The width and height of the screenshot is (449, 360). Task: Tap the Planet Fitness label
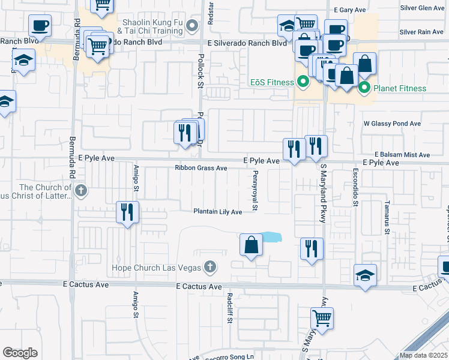(x=400, y=89)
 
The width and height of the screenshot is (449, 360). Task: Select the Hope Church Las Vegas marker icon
(x=209, y=266)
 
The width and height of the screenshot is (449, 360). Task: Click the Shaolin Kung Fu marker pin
(x=192, y=25)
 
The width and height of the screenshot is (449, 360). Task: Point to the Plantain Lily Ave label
(x=217, y=212)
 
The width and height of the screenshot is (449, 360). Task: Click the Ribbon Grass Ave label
(x=201, y=169)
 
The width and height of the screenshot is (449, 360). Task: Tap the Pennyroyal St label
(x=255, y=191)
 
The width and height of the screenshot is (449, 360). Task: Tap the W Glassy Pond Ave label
(x=393, y=124)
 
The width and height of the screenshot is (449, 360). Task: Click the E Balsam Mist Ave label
(x=403, y=155)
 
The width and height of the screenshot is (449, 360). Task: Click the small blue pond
(x=271, y=236)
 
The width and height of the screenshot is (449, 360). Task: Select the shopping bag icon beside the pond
(x=251, y=244)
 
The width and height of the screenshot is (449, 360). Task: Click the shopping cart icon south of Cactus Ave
(x=322, y=317)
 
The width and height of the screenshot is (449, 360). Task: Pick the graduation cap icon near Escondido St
(x=366, y=275)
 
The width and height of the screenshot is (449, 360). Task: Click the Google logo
(x=20, y=353)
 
